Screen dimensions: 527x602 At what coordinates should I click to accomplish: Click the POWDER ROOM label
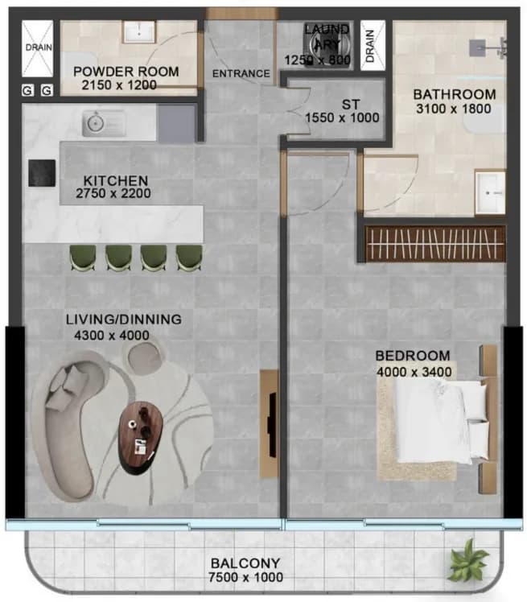click(126, 72)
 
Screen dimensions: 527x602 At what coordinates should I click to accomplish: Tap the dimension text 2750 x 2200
click(113, 193)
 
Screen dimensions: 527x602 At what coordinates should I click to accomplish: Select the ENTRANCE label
click(241, 73)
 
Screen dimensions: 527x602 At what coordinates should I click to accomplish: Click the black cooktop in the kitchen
click(42, 173)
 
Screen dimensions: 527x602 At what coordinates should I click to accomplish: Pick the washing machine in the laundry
click(327, 45)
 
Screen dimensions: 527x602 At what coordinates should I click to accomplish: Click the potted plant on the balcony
click(468, 559)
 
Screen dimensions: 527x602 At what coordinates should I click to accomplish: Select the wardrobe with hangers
click(435, 244)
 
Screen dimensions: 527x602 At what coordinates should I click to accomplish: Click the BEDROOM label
click(413, 356)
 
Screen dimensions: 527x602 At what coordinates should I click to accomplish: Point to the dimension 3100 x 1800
click(453, 109)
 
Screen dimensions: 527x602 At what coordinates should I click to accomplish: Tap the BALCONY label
click(245, 563)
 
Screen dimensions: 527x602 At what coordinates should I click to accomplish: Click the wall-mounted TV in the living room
click(273, 425)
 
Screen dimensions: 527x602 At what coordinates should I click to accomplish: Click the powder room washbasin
click(138, 31)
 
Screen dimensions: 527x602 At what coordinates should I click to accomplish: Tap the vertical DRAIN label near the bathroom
click(369, 46)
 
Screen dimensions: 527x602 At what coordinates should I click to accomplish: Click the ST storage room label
click(351, 105)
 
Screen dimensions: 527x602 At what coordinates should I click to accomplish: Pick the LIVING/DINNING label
click(124, 320)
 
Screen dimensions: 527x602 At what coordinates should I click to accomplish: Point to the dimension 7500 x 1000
click(245, 577)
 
